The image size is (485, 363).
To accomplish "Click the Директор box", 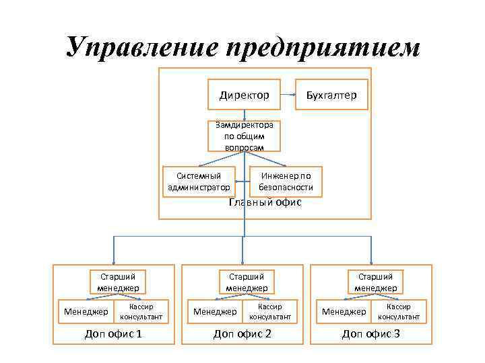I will click(244, 95).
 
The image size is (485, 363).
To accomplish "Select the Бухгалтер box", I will click(327, 95).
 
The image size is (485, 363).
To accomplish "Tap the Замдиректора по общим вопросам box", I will click(244, 136).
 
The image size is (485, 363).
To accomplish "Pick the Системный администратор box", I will click(199, 181).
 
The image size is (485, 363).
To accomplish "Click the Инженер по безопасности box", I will click(286, 181).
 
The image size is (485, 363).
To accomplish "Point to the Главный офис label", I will click(265, 202).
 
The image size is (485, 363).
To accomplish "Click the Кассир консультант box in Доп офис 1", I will click(141, 311).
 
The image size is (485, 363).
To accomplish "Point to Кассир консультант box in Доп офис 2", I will click(270, 311).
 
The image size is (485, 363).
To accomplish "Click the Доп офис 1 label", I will click(112, 333).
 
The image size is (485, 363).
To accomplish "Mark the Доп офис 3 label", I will click(370, 333).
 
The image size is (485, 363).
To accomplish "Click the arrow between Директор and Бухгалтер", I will click(287, 95).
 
